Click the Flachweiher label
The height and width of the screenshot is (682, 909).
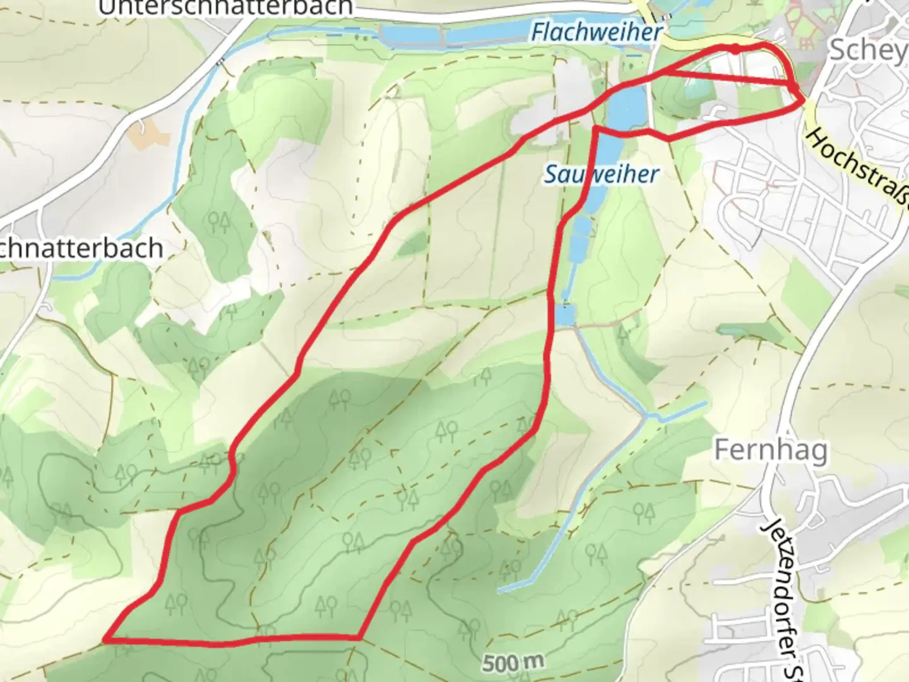coord(597,32)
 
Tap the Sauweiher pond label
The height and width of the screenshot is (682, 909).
coord(602,174)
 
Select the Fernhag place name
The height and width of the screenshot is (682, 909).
coord(770,451)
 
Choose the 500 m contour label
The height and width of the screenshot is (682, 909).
coord(513,662)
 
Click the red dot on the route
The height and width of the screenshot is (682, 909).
coord(736,49)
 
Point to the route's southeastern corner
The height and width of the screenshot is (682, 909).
coord(359,638)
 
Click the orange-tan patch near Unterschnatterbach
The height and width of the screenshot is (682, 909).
coord(146,132)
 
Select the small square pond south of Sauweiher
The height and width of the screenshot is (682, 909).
coord(566,314)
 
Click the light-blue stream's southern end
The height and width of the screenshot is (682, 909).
coord(500,591)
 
